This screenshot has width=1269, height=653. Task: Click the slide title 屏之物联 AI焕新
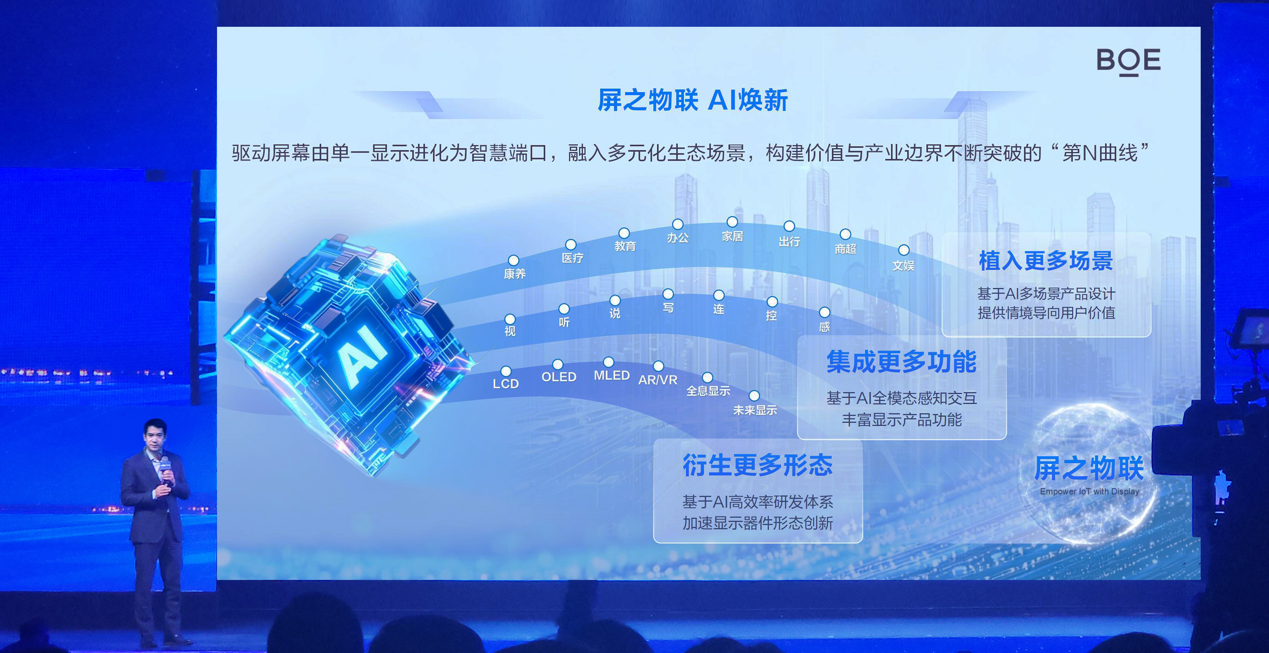click(x=693, y=100)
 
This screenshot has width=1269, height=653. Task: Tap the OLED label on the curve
click(x=559, y=377)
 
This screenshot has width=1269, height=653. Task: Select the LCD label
click(x=506, y=384)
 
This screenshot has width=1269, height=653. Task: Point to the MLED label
click(x=611, y=375)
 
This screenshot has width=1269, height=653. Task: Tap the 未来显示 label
click(x=755, y=410)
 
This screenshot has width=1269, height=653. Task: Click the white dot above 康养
click(x=513, y=260)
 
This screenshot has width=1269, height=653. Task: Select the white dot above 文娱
click(x=904, y=250)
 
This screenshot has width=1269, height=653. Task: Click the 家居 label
click(x=732, y=236)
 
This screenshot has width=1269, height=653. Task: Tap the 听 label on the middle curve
click(x=564, y=322)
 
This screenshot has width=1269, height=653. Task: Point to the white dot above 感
click(x=824, y=312)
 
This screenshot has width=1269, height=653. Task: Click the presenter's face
click(x=156, y=436)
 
